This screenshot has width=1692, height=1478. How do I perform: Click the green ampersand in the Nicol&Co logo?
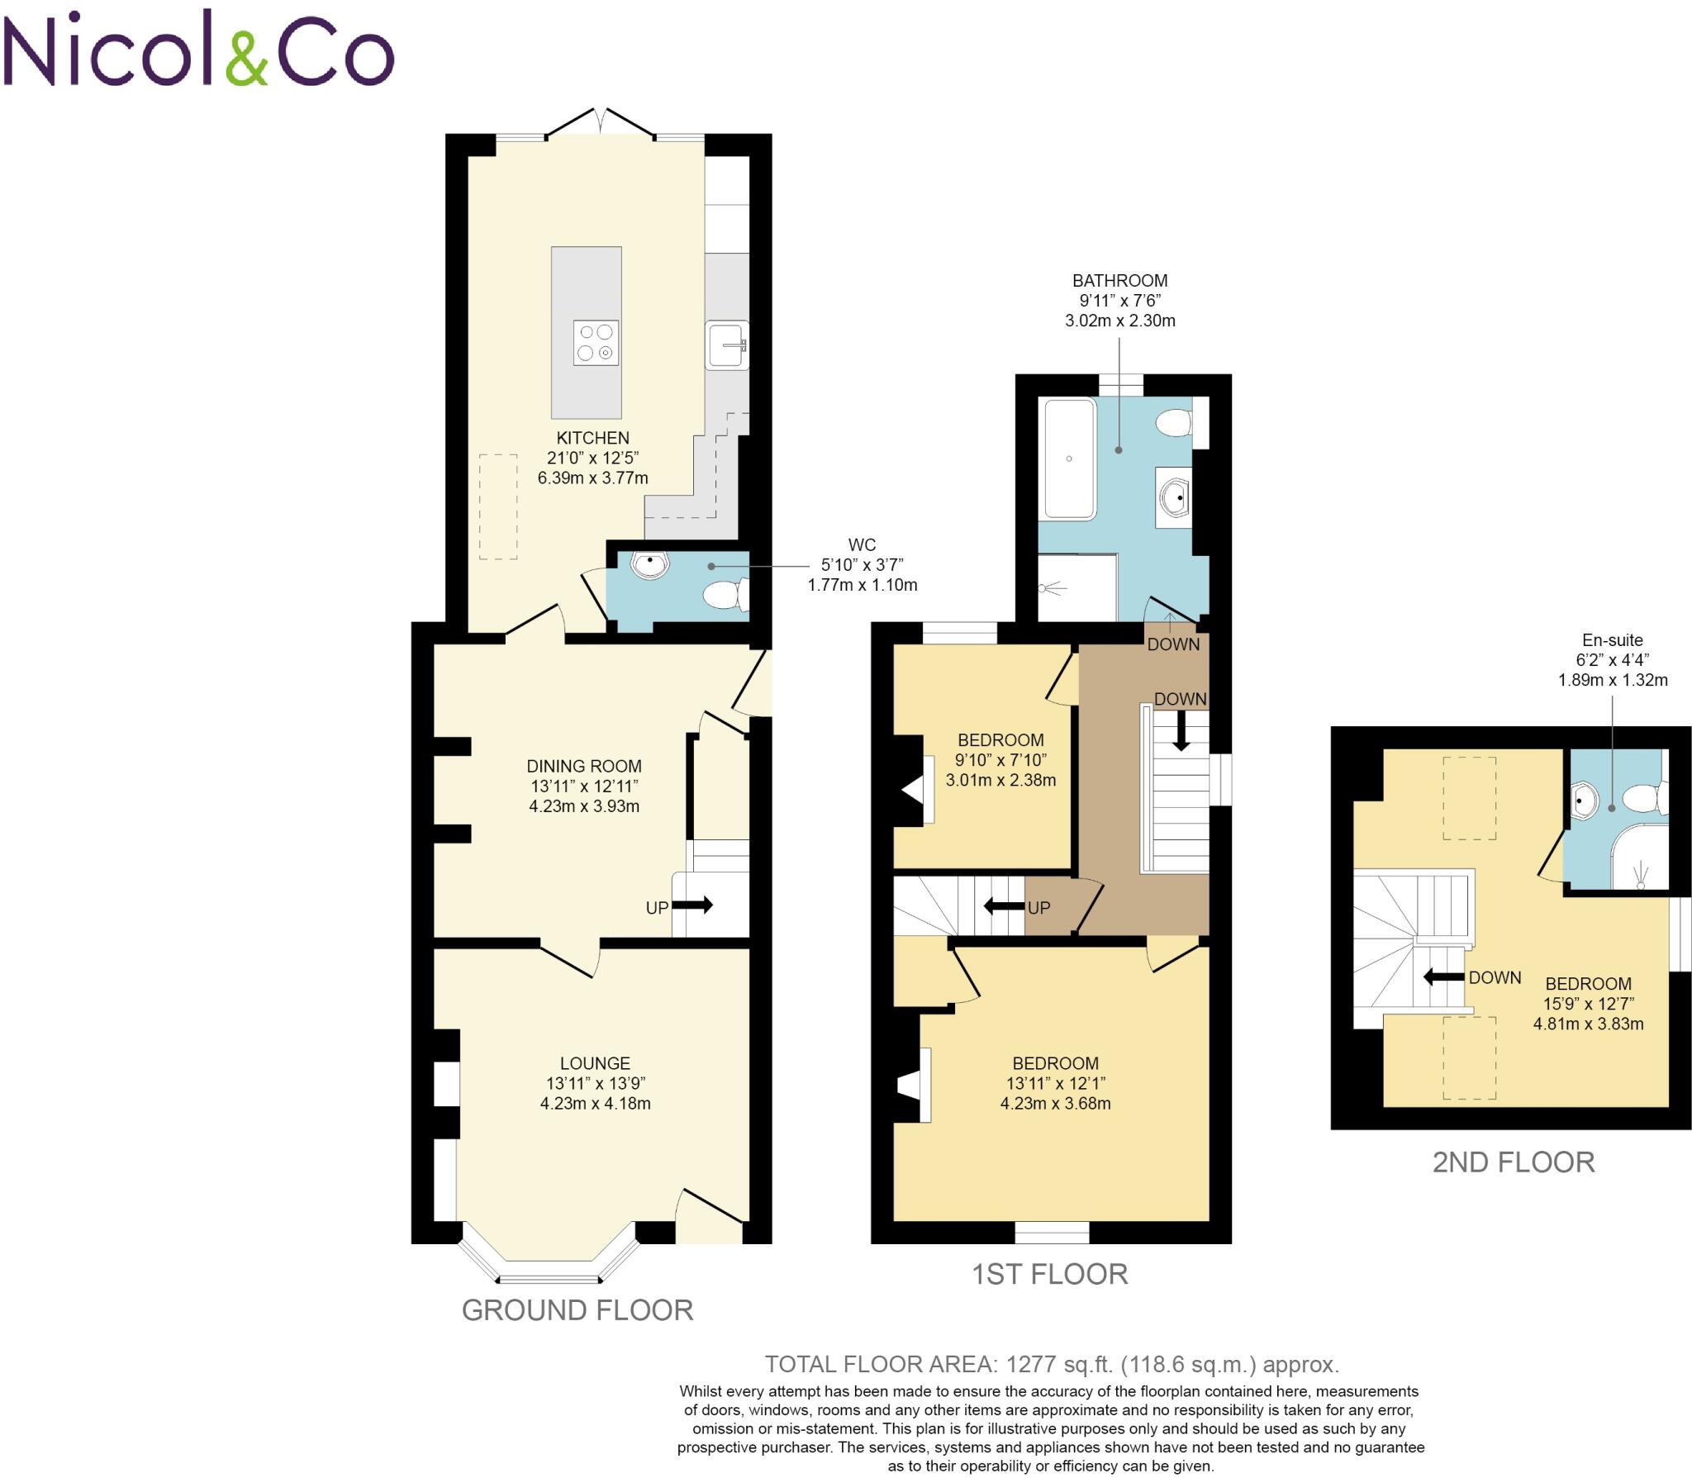click(247, 59)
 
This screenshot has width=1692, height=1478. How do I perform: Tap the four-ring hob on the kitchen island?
click(596, 343)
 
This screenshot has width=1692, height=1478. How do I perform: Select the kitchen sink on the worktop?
click(727, 345)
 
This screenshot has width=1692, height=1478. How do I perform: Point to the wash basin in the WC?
click(650, 564)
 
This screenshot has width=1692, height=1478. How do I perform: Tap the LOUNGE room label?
click(595, 1063)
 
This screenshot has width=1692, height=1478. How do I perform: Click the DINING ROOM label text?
click(584, 766)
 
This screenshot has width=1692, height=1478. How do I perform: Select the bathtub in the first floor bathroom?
click(1069, 459)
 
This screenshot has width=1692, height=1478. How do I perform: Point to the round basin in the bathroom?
click(1174, 498)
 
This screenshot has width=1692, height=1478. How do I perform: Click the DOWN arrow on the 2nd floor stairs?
click(1443, 977)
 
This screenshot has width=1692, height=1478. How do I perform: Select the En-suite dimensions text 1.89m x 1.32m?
click(1613, 680)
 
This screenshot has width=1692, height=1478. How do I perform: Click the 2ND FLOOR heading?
click(1513, 1162)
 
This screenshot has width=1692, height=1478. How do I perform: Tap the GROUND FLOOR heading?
click(577, 1310)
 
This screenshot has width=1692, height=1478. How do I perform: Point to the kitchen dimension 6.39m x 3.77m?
click(592, 478)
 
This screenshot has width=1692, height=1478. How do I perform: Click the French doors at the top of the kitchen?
click(601, 122)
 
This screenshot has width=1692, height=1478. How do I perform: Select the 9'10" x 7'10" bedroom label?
click(1000, 759)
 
